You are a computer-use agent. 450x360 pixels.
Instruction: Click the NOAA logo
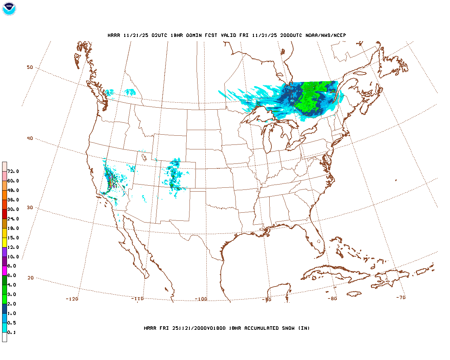point(9,9)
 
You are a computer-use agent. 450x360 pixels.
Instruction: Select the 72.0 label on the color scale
point(13,172)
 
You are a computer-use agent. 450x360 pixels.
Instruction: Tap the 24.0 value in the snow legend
point(13,219)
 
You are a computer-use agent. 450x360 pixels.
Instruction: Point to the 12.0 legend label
point(13,247)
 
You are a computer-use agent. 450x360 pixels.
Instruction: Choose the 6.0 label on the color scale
point(12,276)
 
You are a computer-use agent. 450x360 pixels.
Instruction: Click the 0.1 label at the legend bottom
point(12,333)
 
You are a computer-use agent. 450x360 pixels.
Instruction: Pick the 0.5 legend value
point(12,323)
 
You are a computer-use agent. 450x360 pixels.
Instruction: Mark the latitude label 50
point(30,67)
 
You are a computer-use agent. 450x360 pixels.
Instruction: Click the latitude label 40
point(30,139)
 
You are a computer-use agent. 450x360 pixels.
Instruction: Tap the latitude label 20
point(31,278)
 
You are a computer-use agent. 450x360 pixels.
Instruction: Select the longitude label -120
point(72,299)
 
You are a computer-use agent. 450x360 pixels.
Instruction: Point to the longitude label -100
point(201,300)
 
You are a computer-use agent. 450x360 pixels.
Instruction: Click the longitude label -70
point(401,298)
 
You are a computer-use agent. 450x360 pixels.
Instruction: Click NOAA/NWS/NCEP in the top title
point(326,36)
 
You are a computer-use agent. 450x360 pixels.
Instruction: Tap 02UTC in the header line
point(159,36)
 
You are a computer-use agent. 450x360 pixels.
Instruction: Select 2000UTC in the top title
point(291,36)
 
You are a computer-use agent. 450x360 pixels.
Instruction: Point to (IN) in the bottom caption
point(304,328)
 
